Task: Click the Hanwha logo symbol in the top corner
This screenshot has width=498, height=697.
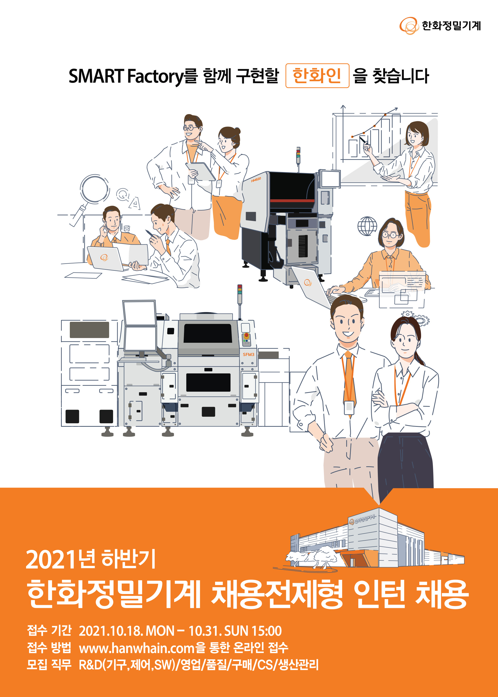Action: coord(409,26)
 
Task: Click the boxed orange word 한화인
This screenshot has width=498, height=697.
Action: coord(317,75)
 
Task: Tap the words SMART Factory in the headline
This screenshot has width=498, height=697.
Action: coord(126,76)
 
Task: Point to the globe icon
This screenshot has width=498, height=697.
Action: coord(367,226)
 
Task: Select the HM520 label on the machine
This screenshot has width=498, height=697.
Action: coord(256,180)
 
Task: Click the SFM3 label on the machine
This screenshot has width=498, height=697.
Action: coord(248,354)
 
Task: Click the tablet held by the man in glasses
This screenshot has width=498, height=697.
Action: coord(201,171)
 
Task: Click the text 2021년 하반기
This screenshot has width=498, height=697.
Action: coord(91,559)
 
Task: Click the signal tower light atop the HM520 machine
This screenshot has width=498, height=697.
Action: coord(298,156)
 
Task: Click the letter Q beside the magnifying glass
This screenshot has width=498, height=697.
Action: coord(123,194)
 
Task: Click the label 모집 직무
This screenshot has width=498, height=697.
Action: coord(49,665)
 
